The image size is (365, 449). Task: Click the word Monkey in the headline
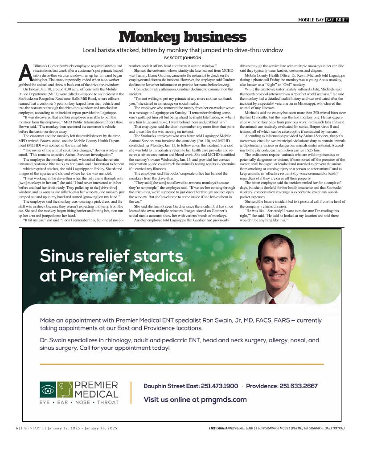150,37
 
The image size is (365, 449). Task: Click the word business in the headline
214,37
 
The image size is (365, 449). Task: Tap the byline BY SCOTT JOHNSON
182,58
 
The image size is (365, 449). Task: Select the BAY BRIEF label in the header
336,20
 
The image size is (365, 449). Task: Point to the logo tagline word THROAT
108,403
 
